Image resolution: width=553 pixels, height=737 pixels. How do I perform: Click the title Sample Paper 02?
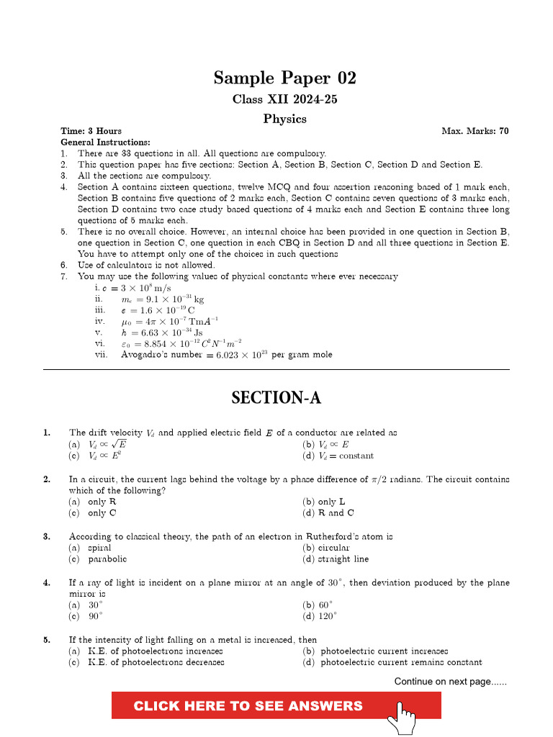[x=284, y=78]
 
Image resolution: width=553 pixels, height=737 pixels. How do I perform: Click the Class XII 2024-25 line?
[x=284, y=99]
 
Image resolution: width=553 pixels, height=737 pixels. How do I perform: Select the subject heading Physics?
[x=284, y=119]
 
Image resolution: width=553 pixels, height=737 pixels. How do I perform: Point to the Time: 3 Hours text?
[x=91, y=131]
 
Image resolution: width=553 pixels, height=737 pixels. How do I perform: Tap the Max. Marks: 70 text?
[x=475, y=131]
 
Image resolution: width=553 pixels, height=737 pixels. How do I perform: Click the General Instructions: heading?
[x=105, y=143]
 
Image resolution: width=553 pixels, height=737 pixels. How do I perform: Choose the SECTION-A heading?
[x=276, y=398]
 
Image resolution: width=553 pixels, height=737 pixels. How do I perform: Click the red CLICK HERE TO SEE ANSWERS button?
[x=248, y=705]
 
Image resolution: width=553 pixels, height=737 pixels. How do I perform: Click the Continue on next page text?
[x=450, y=682]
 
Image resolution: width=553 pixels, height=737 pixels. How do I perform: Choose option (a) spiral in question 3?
[x=90, y=548]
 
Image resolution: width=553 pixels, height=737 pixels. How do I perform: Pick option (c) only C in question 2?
[x=92, y=513]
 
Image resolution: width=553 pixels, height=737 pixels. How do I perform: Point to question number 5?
[x=47, y=639]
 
